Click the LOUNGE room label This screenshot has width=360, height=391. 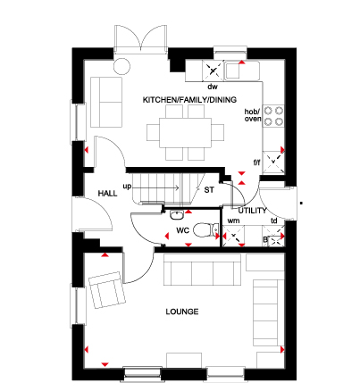tap(182, 312)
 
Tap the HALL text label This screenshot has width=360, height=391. tap(107, 194)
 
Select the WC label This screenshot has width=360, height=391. tap(182, 230)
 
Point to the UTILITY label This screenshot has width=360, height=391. tap(252, 211)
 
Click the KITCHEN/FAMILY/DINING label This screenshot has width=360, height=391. tap(189, 100)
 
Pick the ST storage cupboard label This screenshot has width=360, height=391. tap(209, 190)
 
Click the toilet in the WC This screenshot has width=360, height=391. tap(205, 230)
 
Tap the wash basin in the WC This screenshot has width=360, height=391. tap(177, 214)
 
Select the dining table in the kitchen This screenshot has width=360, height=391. tap(185, 133)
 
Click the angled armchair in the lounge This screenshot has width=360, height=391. tap(107, 290)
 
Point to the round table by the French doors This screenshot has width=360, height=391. tap(121, 66)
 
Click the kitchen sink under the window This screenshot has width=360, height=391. tap(242, 71)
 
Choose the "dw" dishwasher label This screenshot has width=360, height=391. tap(213, 87)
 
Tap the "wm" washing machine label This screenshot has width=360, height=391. tap(233, 221)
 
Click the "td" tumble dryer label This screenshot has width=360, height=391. tap(274, 220)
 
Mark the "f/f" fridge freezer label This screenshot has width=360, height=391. tap(256, 162)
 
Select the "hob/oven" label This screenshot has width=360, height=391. tap(253, 115)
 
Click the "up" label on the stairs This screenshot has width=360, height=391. tap(127, 187)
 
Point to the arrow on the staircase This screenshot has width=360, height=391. tap(155, 187)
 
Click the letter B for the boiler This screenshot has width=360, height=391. tap(265, 239)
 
